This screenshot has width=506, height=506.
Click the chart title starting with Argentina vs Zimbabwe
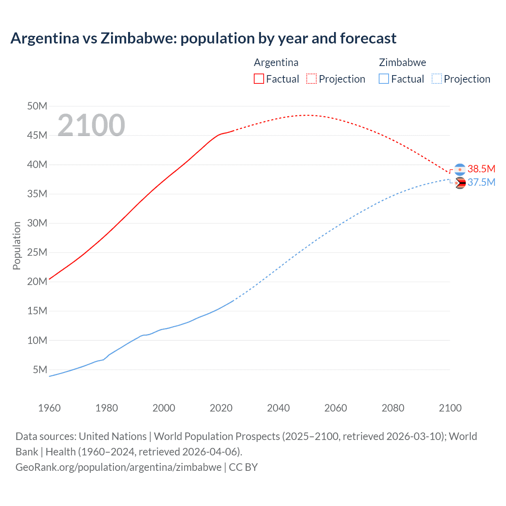pyautogui.click(x=203, y=38)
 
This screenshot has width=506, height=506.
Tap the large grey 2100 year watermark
pyautogui.click(x=91, y=125)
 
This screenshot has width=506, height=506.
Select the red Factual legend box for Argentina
pyautogui.click(x=259, y=79)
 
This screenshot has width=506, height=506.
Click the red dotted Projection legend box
pyautogui.click(x=312, y=79)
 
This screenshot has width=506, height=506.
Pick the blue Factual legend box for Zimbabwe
pyautogui.click(x=384, y=79)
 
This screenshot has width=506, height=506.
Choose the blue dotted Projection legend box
pyautogui.click(x=437, y=79)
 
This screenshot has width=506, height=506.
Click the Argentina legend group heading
pyautogui.click(x=276, y=62)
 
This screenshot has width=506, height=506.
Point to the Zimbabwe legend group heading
pyautogui.click(x=402, y=62)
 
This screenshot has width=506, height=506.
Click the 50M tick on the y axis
pyautogui.click(x=37, y=106)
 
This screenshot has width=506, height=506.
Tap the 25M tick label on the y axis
pyautogui.click(x=37, y=252)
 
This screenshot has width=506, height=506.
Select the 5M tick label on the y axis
pyautogui.click(x=40, y=370)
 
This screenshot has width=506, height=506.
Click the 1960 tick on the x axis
pyautogui.click(x=49, y=408)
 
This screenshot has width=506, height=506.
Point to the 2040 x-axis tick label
pyautogui.click(x=278, y=408)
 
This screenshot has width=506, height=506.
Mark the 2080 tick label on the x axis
pyautogui.click(x=393, y=408)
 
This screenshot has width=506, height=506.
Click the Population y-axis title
pyautogui.click(x=17, y=245)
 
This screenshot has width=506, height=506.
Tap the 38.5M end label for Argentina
pyautogui.click(x=481, y=169)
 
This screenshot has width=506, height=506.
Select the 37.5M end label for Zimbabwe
pyautogui.click(x=481, y=182)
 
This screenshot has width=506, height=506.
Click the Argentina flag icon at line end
pyautogui.click(x=460, y=170)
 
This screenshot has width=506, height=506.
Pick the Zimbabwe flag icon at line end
pyautogui.click(x=460, y=183)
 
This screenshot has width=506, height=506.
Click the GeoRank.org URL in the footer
pyautogui.click(x=119, y=467)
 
